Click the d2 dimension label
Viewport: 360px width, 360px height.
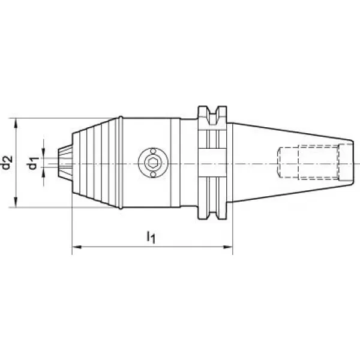7,163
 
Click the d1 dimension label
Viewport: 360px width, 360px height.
32,163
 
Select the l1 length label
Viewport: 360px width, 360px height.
151,237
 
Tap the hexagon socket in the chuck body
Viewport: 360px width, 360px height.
153,163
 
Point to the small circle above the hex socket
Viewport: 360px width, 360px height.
153,151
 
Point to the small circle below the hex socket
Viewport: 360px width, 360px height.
153,175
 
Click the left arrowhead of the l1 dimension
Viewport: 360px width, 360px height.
77,247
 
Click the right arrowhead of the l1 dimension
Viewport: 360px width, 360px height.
228,247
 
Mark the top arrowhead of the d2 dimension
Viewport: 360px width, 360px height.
16,123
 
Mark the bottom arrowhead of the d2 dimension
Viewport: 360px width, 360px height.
16,202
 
